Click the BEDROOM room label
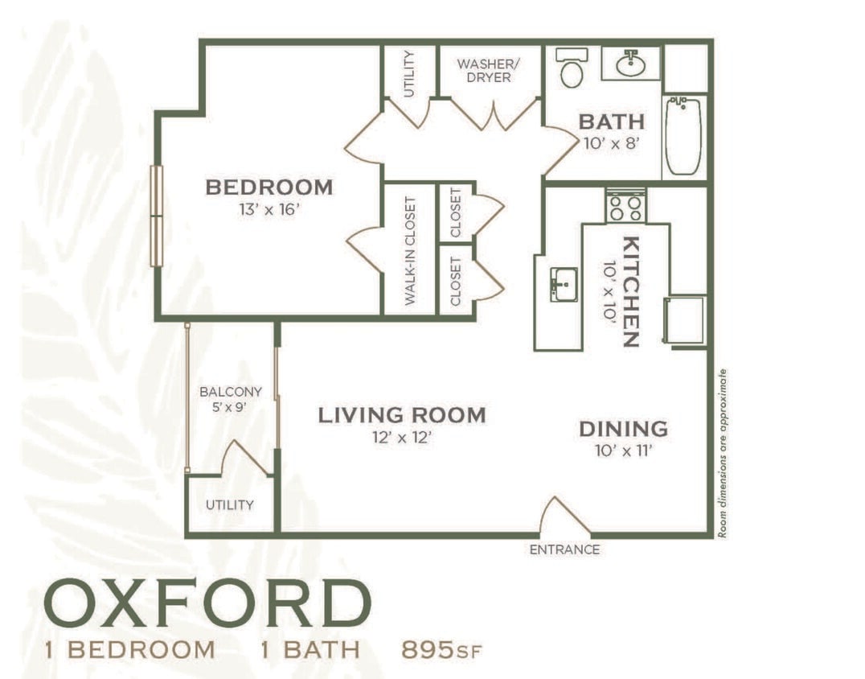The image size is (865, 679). pyautogui.click(x=269, y=187)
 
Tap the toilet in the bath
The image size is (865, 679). pyautogui.click(x=572, y=68)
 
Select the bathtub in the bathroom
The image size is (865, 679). pyautogui.click(x=683, y=135)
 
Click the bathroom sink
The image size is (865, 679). pyautogui.click(x=631, y=63)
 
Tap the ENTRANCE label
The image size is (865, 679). pyautogui.click(x=564, y=550)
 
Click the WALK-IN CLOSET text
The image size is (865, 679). pyautogui.click(x=409, y=250)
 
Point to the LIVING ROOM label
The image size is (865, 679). pyautogui.click(x=402, y=416)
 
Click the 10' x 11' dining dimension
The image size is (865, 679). pyautogui.click(x=623, y=450)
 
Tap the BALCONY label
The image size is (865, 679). pyautogui.click(x=231, y=393)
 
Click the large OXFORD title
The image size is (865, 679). pyautogui.click(x=207, y=603)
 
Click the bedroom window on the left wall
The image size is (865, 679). pyautogui.click(x=157, y=216)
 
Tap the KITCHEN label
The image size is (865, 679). pyautogui.click(x=631, y=291)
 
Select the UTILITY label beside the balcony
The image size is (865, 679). pyautogui.click(x=229, y=505)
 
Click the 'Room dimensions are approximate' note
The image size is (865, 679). pyautogui.click(x=723, y=453)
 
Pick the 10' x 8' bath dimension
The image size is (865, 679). pyautogui.click(x=612, y=145)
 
